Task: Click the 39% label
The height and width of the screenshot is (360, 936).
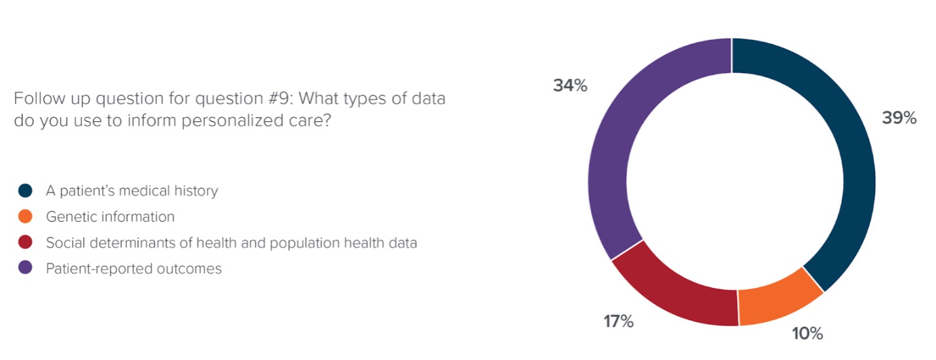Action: (899, 118)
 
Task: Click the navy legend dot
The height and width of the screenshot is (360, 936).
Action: (26, 191)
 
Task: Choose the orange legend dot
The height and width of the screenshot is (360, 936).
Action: (26, 217)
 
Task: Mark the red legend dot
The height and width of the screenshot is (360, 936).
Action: (26, 243)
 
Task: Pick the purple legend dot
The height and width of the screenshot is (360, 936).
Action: (26, 268)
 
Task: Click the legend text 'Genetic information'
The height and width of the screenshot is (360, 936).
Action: (110, 217)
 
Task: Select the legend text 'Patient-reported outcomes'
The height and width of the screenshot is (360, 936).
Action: (134, 268)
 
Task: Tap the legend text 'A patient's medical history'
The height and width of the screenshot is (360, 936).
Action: (132, 191)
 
